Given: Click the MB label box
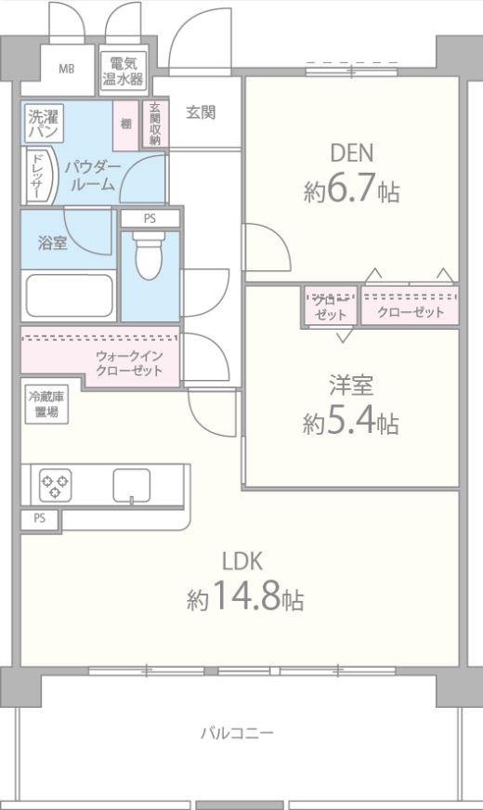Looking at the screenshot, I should tap(67, 70).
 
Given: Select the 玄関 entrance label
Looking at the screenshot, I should tap(200, 112).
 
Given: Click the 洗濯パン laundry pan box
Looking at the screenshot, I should tap(42, 125).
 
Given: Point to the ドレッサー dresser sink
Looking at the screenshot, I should tap(38, 176).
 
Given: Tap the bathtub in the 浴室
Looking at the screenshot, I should tap(68, 295).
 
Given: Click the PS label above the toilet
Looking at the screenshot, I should tap(150, 219).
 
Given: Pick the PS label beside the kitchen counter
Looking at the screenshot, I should tap(39, 519).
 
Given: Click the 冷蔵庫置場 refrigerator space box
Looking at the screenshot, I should tap(41, 404).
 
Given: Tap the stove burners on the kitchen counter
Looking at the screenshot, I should tap(56, 483).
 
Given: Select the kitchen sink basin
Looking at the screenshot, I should tap(132, 484).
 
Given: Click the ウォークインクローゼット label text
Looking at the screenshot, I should tap(129, 363).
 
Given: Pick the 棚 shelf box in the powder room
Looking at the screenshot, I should tap(125, 124).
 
